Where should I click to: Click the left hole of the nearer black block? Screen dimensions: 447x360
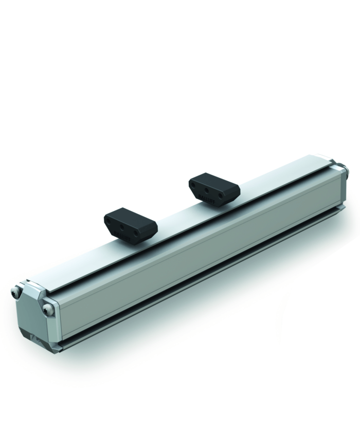tap(115, 225)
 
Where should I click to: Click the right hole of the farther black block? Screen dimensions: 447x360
tap(220, 196)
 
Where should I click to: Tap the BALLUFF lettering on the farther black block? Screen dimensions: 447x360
tap(209, 201)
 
